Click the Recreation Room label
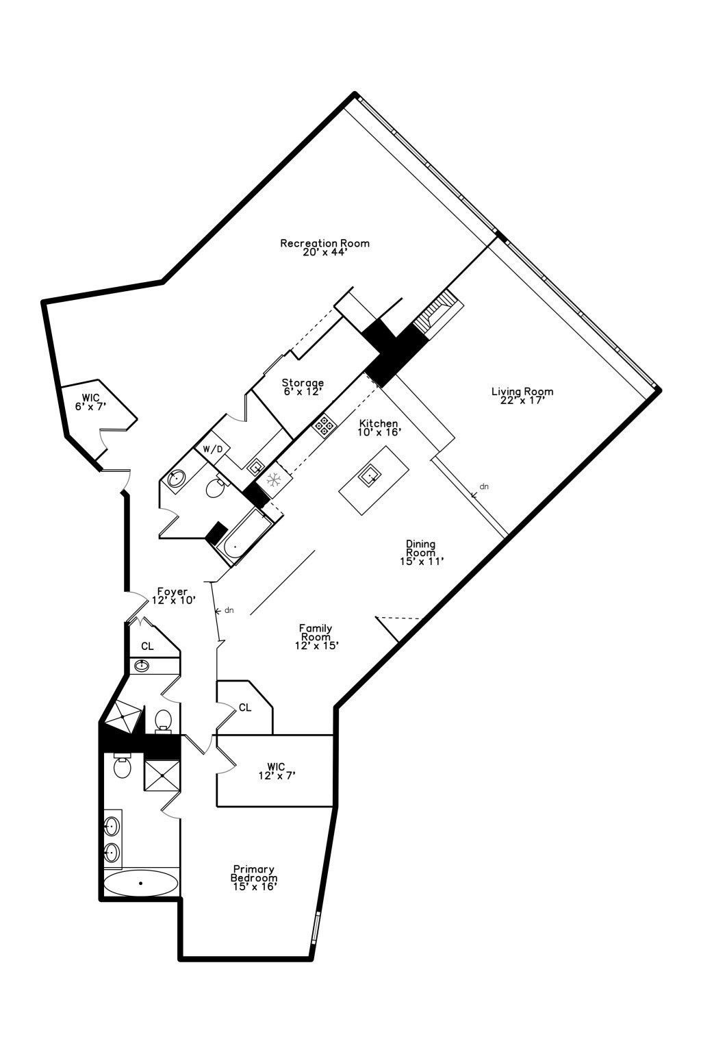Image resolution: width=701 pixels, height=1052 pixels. (324, 247)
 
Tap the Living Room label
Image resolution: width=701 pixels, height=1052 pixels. (522, 396)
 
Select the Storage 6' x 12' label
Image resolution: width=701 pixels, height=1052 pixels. (303, 387)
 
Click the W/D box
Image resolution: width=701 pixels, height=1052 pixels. (213, 449)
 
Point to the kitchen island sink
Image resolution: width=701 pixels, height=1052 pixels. (372, 473)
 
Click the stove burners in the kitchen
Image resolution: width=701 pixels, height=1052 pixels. (324, 425)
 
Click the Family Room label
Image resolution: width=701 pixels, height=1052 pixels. (317, 636)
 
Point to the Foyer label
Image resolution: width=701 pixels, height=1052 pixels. (173, 595)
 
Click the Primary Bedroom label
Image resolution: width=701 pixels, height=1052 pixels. (254, 877)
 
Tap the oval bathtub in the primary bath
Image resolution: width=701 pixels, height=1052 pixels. (140, 883)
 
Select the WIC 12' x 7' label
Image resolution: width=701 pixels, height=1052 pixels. (277, 771)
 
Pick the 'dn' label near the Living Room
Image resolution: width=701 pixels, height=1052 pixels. (484, 487)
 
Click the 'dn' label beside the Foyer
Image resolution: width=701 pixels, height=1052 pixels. (229, 610)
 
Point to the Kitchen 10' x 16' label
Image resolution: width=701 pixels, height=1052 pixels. (379, 427)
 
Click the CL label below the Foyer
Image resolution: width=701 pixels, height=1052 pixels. (147, 646)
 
